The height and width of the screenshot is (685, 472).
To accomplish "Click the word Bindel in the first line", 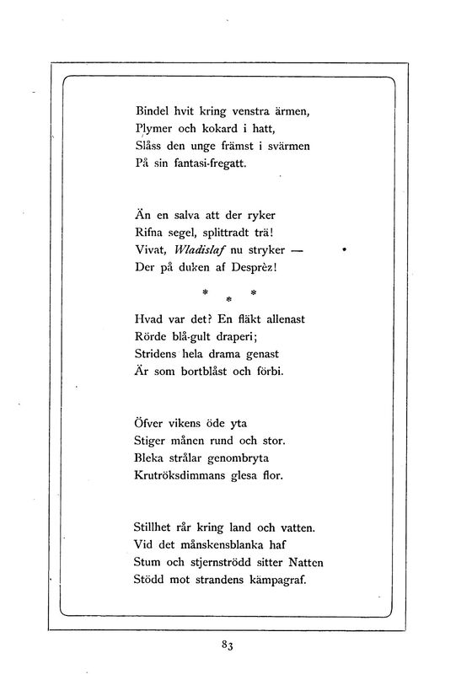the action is (x=153, y=110).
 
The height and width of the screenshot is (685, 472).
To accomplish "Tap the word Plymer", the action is (x=154, y=128).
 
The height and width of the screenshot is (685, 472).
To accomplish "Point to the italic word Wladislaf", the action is (x=202, y=250).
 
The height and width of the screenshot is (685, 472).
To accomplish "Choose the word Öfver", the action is (x=153, y=422).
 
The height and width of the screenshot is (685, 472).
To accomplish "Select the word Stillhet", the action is (x=157, y=528).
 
